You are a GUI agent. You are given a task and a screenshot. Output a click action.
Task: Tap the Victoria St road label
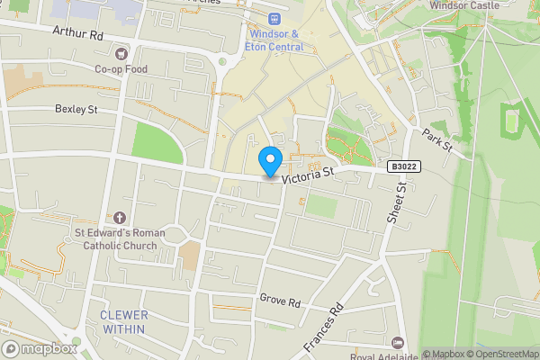point(308,175)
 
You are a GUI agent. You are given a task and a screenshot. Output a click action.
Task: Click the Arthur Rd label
point(78,33)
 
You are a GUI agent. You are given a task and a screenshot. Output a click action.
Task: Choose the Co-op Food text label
point(121,68)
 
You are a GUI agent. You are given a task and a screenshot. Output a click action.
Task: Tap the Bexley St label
point(76,110)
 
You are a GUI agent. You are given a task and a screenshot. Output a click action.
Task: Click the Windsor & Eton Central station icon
point(274,18)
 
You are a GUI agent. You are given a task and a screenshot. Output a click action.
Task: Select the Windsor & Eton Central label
point(274,40)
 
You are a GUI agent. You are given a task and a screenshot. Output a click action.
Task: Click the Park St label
point(438,139)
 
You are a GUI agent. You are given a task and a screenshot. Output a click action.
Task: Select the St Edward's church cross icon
point(121,218)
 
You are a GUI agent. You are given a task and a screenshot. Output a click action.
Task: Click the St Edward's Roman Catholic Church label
point(120,238)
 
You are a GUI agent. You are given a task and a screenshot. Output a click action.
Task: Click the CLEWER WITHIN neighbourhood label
point(124,322)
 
